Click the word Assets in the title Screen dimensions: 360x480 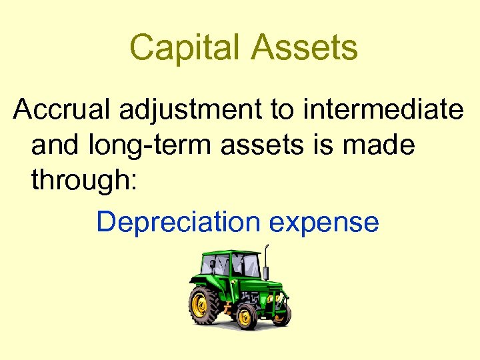coord(303,48)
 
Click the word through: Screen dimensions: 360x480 coord(83,181)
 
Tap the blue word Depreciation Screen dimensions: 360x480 coord(178,223)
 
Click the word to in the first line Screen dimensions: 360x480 coord(282,109)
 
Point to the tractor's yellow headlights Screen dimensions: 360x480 coord(274,301)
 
